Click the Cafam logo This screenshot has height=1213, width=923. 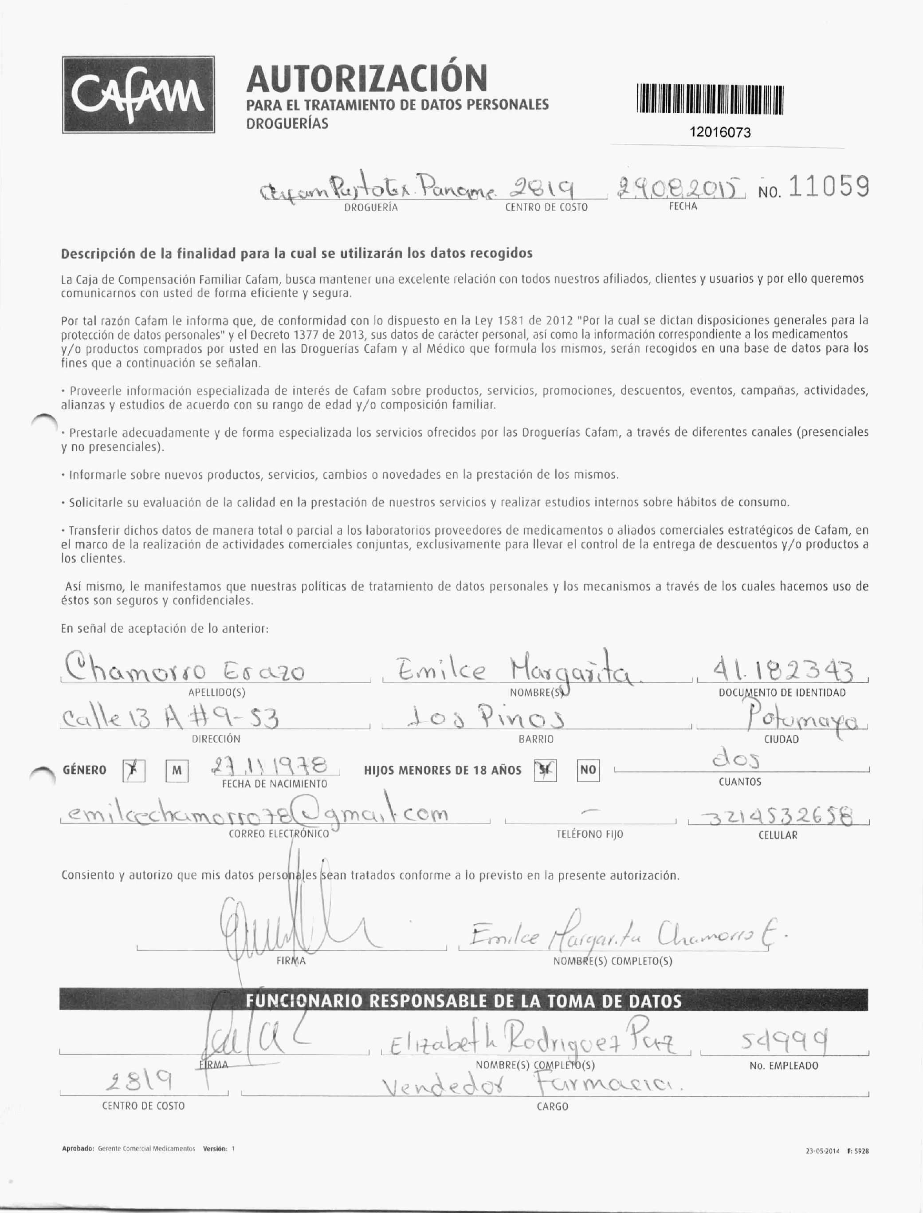click(x=138, y=95)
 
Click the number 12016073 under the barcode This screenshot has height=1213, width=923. click(x=720, y=133)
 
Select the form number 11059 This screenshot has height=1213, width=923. click(x=829, y=187)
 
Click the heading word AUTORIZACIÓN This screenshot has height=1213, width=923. click(x=366, y=79)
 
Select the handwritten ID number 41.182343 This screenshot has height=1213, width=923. click(x=782, y=670)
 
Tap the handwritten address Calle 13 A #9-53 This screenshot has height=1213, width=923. click(x=170, y=718)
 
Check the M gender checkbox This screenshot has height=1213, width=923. click(x=177, y=771)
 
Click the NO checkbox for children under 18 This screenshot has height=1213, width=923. click(x=588, y=771)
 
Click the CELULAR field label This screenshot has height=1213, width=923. click(x=778, y=835)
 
